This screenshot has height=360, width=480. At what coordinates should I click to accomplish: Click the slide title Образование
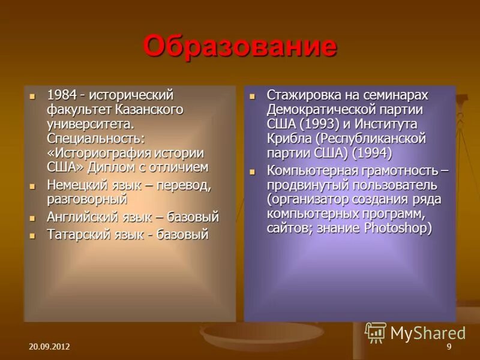coord(240,46)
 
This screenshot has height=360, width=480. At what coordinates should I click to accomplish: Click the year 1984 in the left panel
coord(61,95)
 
